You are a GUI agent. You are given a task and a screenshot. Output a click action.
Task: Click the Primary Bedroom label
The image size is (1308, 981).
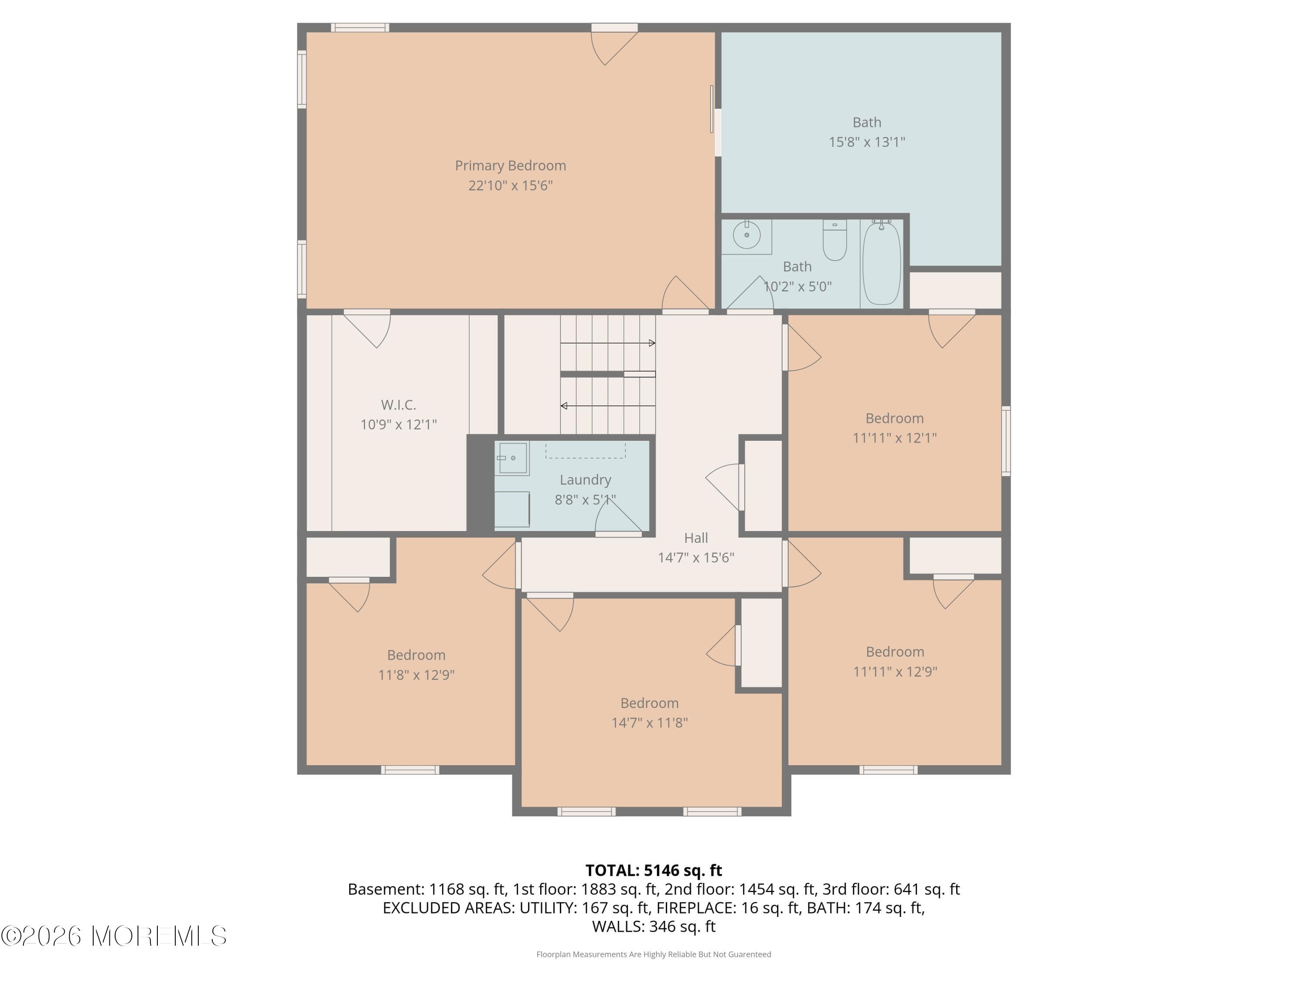tap(510, 166)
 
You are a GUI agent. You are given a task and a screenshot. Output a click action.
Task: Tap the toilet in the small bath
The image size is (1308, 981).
tap(835, 241)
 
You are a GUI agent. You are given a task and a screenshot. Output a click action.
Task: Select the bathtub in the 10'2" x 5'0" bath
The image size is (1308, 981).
tap(881, 264)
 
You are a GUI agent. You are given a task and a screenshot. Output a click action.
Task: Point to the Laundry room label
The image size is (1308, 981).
tap(585, 480)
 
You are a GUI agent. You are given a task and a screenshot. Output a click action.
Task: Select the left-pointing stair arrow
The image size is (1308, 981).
tap(564, 405)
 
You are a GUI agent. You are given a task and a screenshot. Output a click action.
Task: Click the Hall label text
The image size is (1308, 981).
tap(695, 538)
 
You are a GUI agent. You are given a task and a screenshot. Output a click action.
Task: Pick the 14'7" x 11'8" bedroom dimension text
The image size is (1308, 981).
tap(649, 722)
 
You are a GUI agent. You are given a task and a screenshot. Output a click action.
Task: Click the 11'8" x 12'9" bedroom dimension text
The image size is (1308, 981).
tap(416, 674)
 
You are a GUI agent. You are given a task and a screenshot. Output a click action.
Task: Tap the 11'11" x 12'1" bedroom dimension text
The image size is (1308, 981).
tap(894, 438)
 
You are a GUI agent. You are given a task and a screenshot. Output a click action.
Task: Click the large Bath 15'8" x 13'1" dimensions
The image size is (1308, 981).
tap(866, 142)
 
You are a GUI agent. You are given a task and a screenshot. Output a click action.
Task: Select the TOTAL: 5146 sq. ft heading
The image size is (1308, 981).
tap(654, 870)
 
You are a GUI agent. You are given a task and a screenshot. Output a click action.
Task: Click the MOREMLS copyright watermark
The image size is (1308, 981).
tap(113, 936)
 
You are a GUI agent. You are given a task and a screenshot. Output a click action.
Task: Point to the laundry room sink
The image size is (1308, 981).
tap(512, 458)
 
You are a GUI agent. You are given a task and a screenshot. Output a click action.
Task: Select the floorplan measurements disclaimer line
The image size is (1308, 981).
tap(654, 954)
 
